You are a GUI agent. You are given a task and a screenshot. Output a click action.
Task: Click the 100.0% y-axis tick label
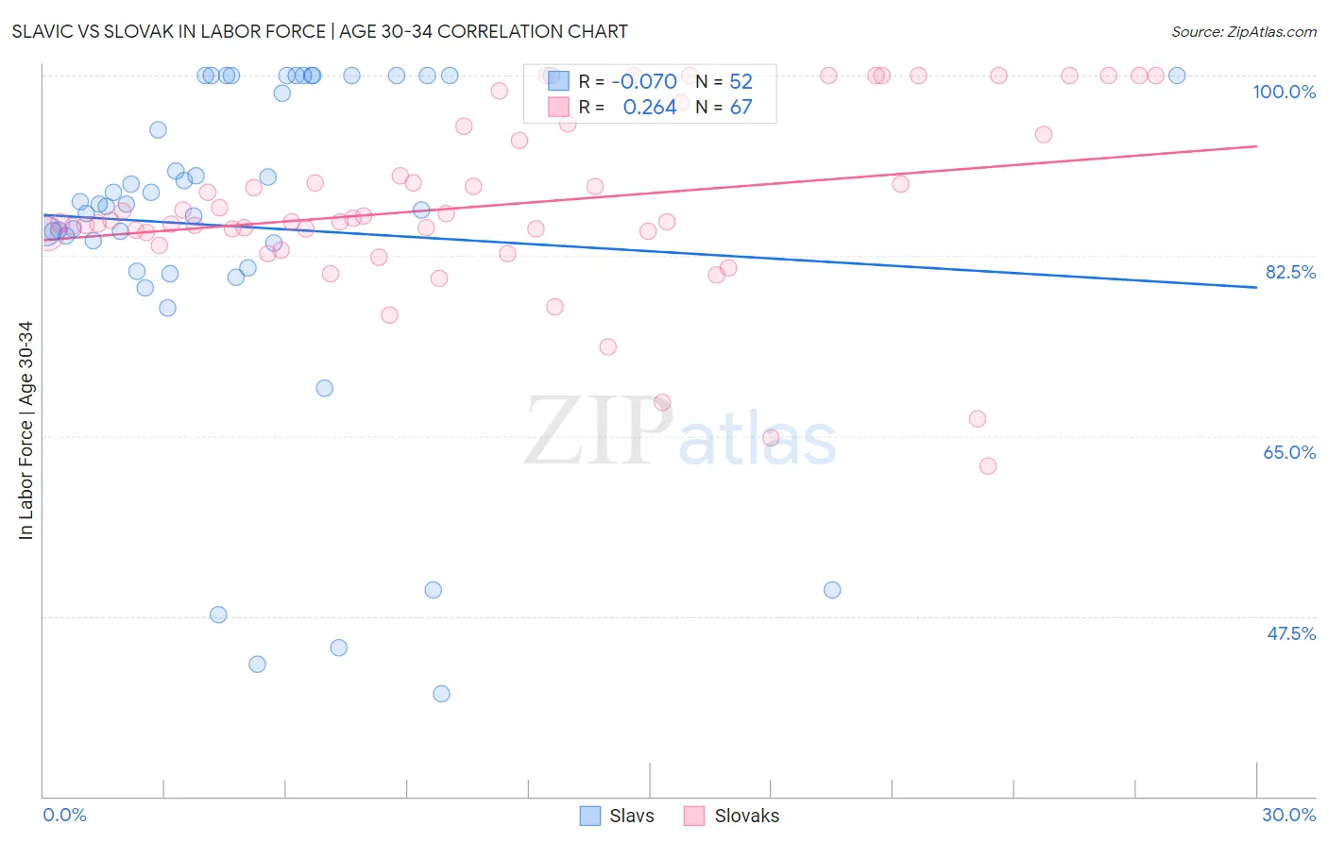(x=1284, y=92)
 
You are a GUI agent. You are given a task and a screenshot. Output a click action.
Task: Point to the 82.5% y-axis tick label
(x=1290, y=272)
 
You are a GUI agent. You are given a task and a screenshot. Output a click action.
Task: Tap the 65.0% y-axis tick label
(x=1289, y=452)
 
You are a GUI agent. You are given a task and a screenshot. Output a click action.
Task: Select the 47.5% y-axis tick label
(x=1290, y=633)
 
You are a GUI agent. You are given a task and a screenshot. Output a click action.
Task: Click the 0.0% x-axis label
(x=64, y=815)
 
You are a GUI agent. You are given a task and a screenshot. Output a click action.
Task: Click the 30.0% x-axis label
(x=1288, y=815)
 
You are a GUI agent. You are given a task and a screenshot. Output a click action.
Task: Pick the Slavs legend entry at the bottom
(x=617, y=816)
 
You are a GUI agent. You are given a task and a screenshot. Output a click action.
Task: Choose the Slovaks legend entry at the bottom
(x=732, y=816)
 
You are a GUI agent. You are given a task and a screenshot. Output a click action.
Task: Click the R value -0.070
(x=644, y=81)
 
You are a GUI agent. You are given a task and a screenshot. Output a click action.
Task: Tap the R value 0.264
(x=649, y=108)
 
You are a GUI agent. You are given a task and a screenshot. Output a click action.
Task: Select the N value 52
(x=741, y=81)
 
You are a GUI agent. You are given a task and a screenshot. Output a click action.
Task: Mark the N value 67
(x=741, y=108)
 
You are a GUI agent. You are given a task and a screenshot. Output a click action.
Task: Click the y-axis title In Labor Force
(x=26, y=430)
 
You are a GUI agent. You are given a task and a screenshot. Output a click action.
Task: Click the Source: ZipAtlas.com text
(x=1243, y=31)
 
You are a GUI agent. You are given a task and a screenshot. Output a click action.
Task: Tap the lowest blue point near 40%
(x=441, y=694)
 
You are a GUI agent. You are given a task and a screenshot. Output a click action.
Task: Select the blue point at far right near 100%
(x=1177, y=76)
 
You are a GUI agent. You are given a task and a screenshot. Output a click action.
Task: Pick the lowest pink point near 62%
(x=988, y=465)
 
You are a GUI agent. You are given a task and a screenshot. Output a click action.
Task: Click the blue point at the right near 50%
(x=832, y=590)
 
